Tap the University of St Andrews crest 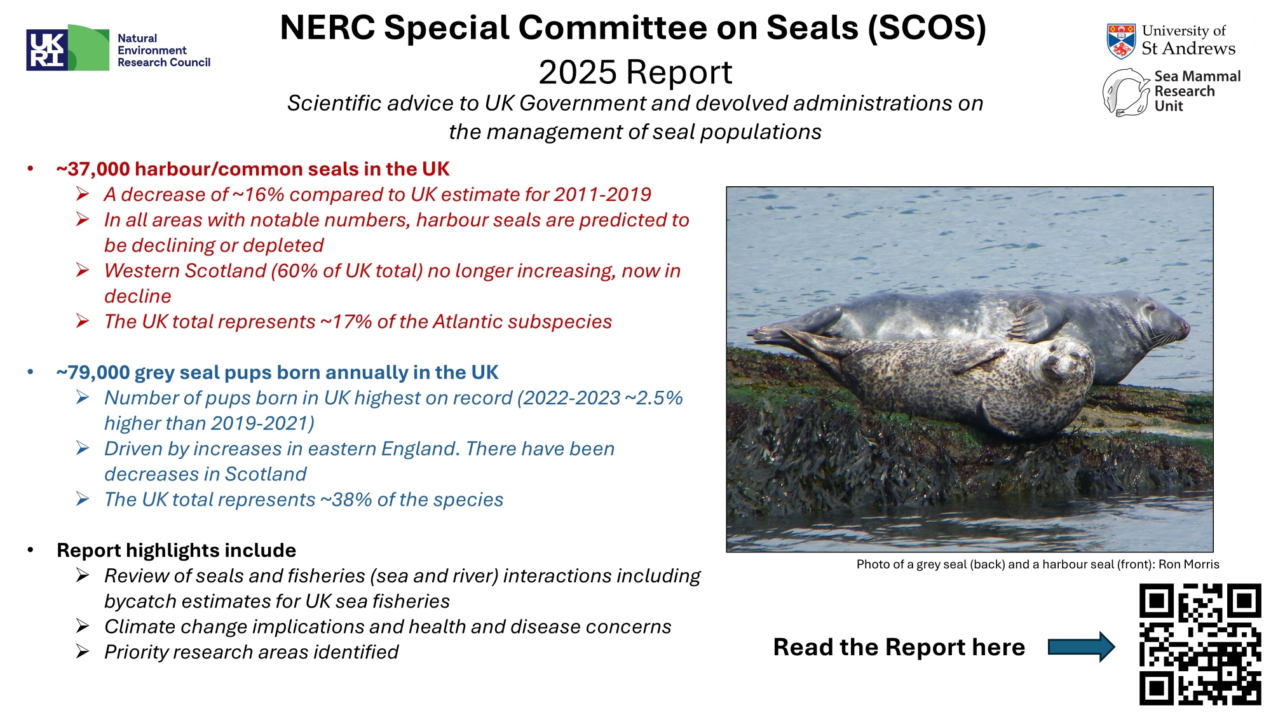(1121, 41)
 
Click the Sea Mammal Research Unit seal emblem (1125, 93)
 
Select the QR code (1200, 644)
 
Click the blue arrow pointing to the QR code (1081, 647)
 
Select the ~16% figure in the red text (259, 194)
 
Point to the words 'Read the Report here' (899, 647)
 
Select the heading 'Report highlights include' (177, 550)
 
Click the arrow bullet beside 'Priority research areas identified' (83, 651)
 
